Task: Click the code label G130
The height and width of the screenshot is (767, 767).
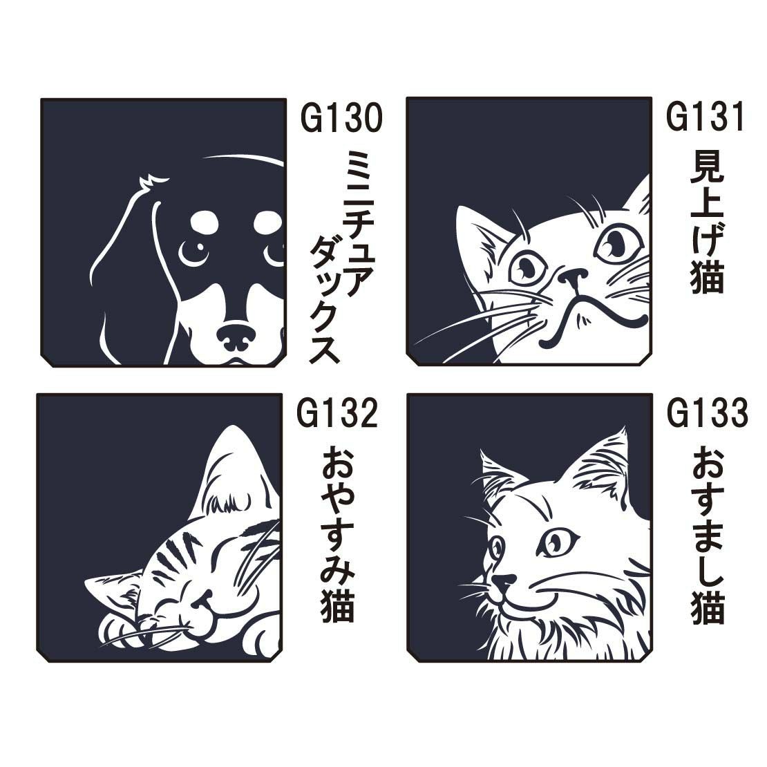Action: [341, 118]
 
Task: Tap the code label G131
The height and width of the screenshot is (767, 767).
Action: [706, 116]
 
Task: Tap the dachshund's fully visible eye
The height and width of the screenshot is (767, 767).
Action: [193, 249]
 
